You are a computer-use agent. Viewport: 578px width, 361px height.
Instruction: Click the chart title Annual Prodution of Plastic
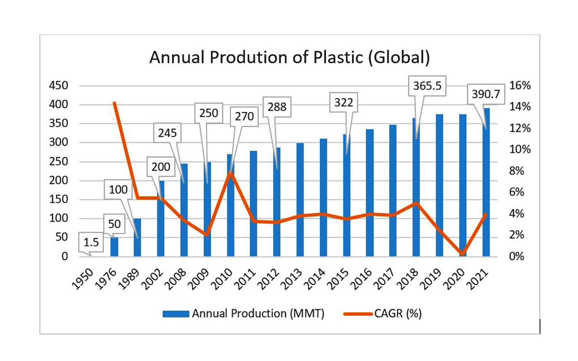[289, 58]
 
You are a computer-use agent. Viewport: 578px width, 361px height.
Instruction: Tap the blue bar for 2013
[300, 199]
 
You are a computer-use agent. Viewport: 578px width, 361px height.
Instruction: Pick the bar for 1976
[114, 246]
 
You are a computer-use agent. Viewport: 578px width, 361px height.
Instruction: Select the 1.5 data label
[92, 242]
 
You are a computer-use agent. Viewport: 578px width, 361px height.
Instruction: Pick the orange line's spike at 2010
[230, 171]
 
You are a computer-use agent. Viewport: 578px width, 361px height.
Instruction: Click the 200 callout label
[160, 167]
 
